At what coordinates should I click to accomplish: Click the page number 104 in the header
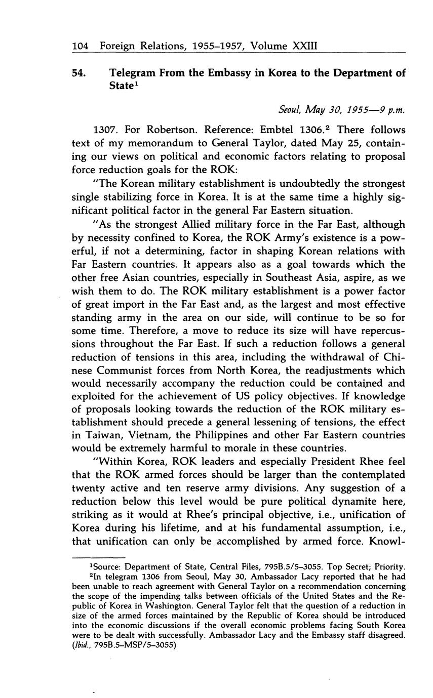(81, 46)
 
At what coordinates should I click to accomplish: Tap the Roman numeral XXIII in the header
(304, 46)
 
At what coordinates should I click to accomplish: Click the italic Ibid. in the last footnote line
(82, 645)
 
